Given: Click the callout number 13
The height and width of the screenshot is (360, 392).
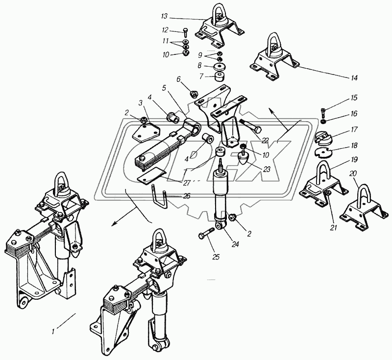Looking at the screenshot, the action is pyautogui.click(x=164, y=17).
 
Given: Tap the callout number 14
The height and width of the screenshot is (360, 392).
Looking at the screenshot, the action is pyautogui.click(x=354, y=77).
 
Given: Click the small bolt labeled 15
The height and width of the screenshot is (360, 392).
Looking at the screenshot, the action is pyautogui.click(x=323, y=113).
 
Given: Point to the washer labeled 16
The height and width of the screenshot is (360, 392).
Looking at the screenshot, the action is pyautogui.click(x=323, y=122).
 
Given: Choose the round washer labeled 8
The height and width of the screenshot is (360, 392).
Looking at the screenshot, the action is pyautogui.click(x=220, y=67).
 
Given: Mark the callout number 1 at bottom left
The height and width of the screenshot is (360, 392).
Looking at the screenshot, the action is pyautogui.click(x=53, y=332).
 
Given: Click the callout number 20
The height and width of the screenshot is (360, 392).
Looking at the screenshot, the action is pyautogui.click(x=353, y=173).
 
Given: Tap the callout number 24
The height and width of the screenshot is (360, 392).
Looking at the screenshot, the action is pyautogui.click(x=235, y=244).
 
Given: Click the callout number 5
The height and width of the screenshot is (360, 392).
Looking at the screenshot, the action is pyautogui.click(x=164, y=88).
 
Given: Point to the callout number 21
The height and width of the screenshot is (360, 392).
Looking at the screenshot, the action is pyautogui.click(x=334, y=228).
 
